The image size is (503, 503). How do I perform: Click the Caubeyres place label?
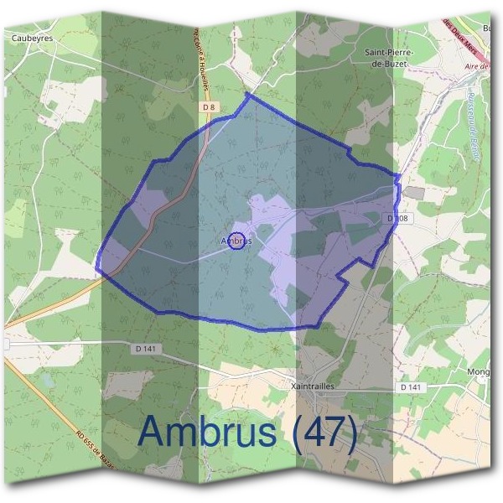pos(33,39)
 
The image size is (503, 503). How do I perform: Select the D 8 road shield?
pos(210,108)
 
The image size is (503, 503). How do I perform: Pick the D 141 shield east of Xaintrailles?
pos(410,388)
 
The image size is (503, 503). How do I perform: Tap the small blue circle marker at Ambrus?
pos(236,241)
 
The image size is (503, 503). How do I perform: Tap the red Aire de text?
pos(474,65)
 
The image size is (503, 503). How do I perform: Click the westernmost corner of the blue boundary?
pos(97,270)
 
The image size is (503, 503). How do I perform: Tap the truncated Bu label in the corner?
pos(485,27)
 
